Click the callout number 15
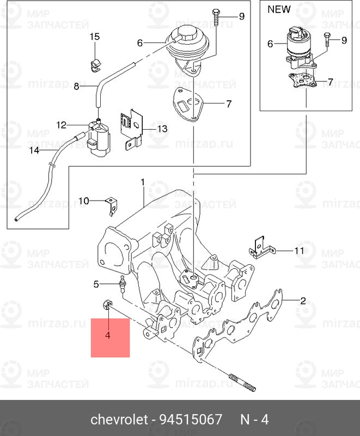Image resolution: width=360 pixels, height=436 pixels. pos(95,37)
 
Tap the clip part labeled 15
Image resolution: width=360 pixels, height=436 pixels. pos(95,64)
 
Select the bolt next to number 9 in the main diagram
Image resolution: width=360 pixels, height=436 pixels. pos(216,17)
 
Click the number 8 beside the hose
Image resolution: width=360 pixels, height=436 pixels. pos(76,86)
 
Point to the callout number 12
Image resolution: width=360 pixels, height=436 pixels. pos(60,125)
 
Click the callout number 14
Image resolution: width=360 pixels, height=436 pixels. pos(34,150)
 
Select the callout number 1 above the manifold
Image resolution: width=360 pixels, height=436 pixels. pos(142,181)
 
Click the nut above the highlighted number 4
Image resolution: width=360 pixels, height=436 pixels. pos(106,305)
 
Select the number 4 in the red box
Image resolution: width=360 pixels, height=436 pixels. pos(108,335)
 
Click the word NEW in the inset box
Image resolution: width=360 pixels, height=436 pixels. pos(279,9)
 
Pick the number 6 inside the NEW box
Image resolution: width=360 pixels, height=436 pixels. pos(270,44)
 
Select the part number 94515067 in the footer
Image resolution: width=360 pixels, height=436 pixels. pos(191,420)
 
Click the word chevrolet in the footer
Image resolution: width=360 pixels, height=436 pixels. pos(119,420)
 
